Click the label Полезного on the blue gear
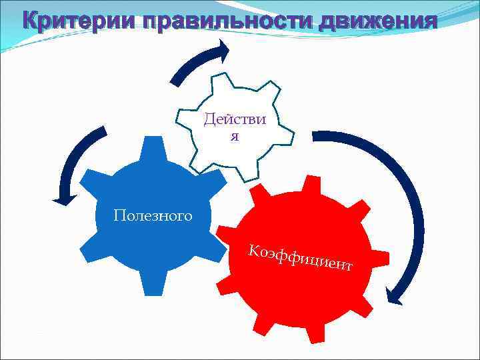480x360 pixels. [x=153, y=215]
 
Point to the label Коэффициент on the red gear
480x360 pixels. [x=300, y=258]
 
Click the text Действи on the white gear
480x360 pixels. [x=235, y=120]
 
